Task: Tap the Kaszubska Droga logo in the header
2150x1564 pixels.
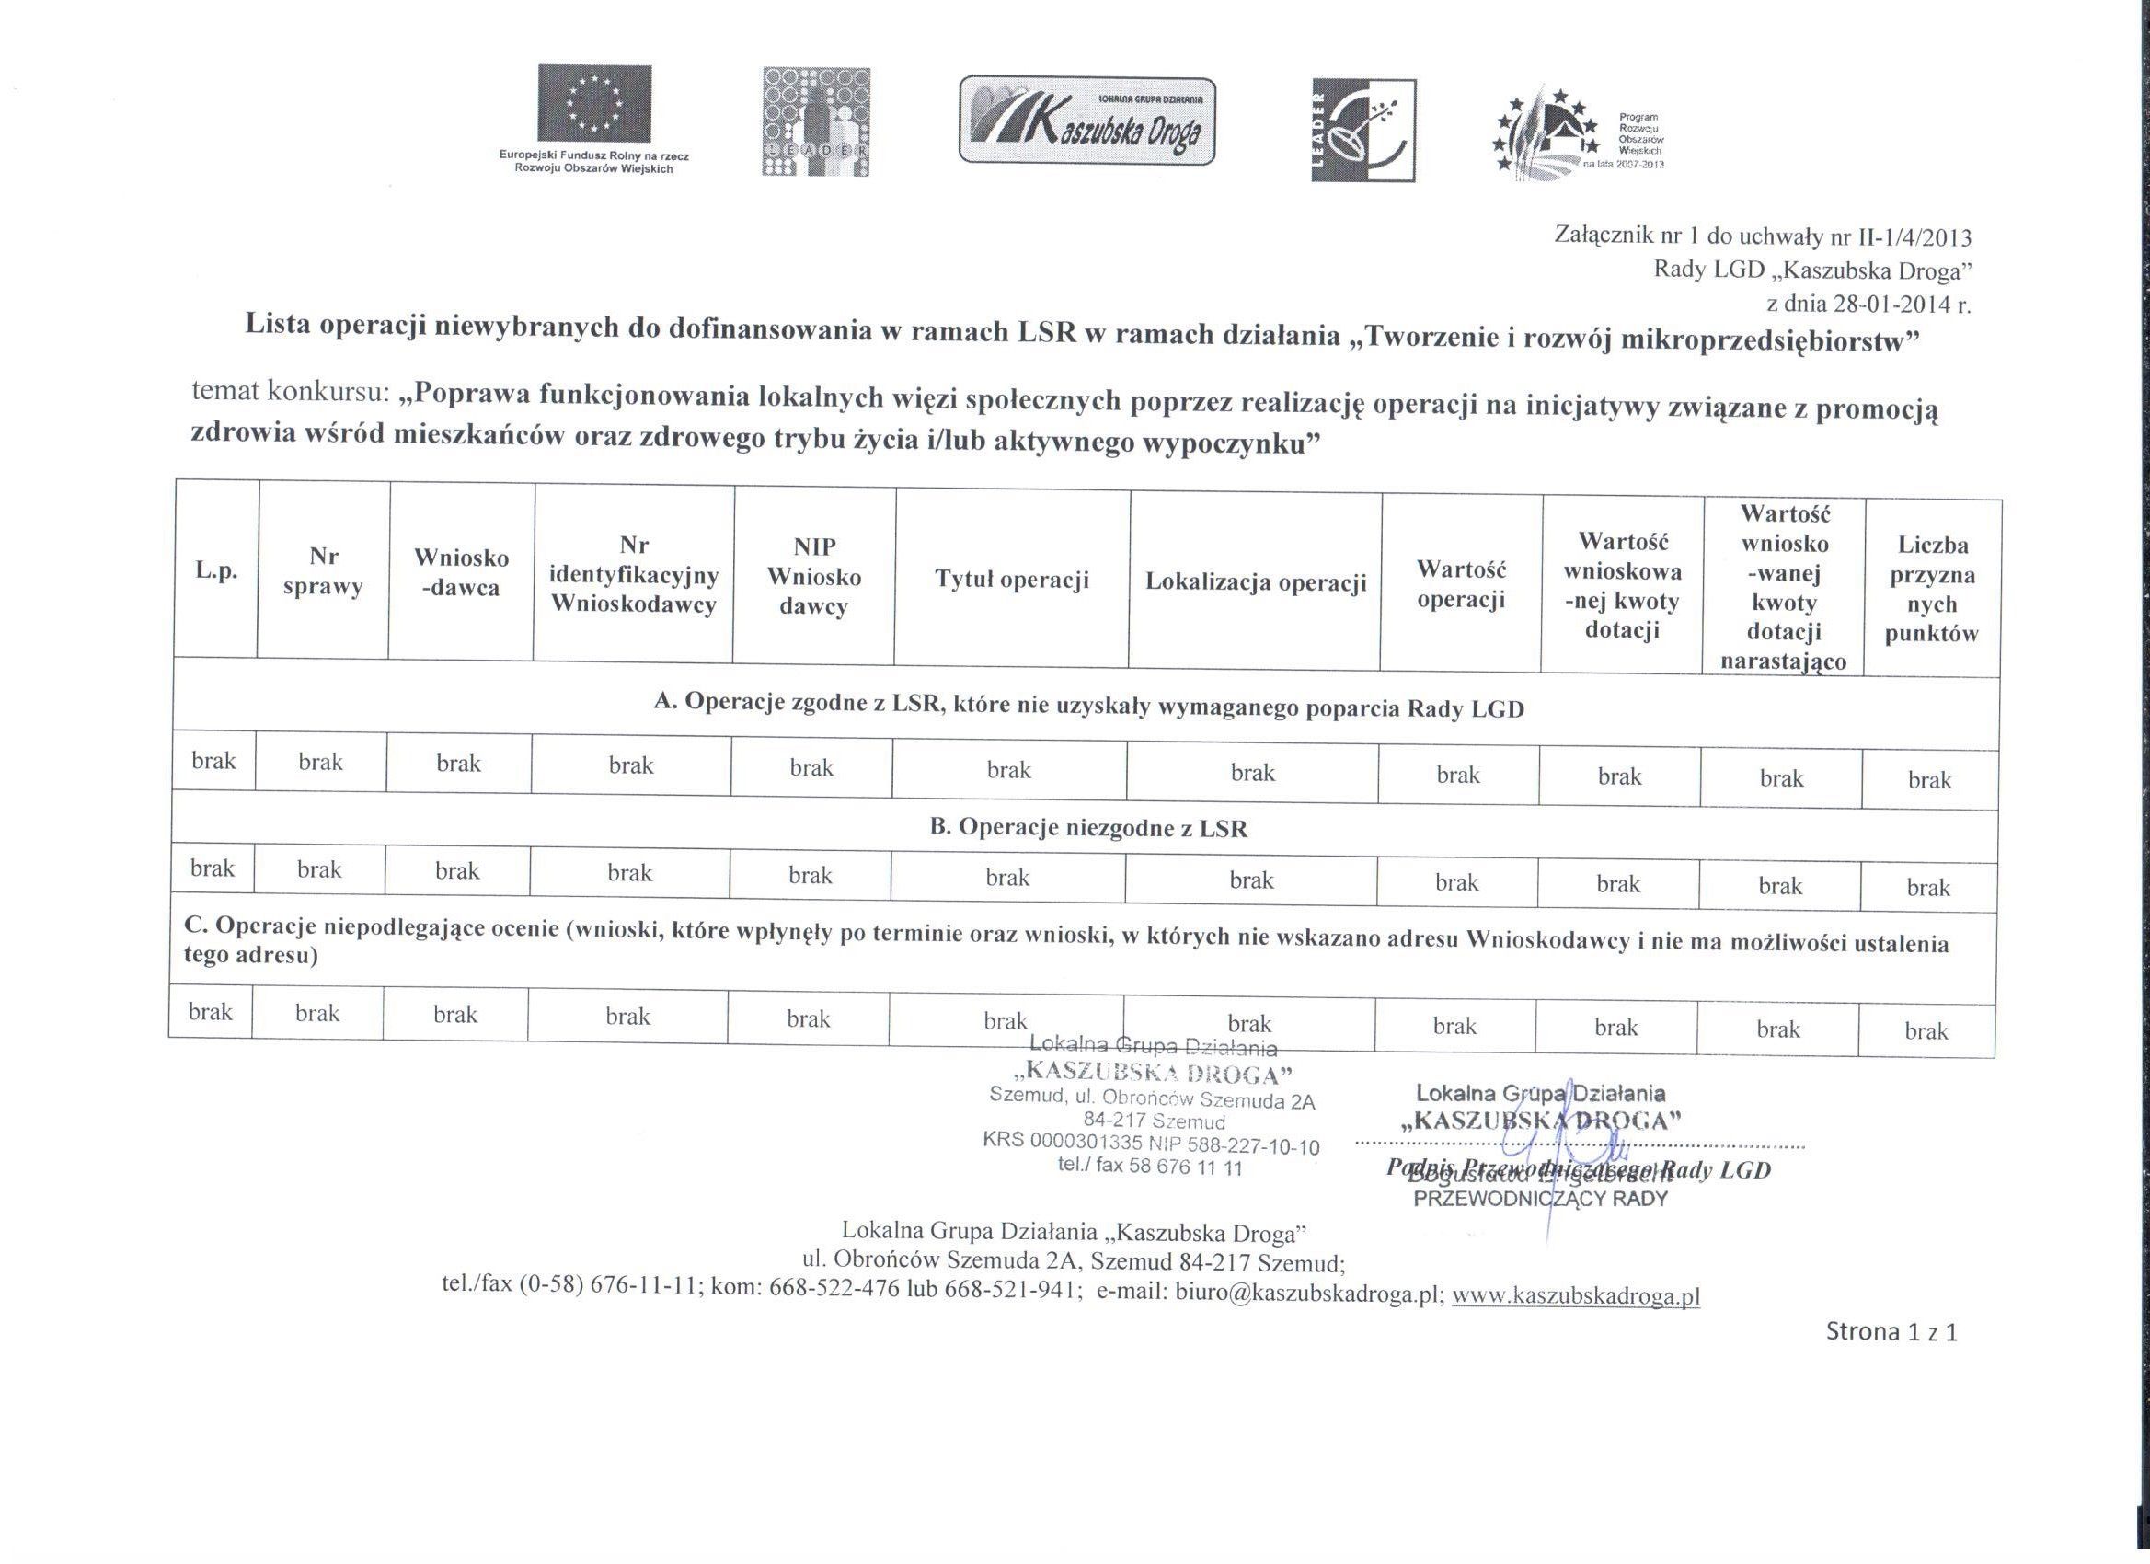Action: (1087, 121)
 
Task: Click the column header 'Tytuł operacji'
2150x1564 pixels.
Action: (1011, 580)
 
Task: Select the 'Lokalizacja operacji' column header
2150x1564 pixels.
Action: (1255, 582)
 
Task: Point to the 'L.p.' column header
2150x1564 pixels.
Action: (216, 569)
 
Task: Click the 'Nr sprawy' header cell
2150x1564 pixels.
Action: (323, 570)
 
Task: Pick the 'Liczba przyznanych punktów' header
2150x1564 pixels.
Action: (1932, 590)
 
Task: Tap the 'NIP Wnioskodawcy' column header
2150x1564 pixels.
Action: (813, 576)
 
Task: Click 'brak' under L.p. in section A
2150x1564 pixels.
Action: (213, 760)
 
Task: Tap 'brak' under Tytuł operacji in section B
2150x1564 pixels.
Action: (1006, 877)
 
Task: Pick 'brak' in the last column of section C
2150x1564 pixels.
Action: (1926, 1031)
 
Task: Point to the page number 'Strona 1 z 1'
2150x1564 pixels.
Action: (1891, 1332)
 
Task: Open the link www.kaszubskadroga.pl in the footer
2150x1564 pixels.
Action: (1576, 1295)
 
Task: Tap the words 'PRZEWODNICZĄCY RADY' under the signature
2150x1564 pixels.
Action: (1540, 1198)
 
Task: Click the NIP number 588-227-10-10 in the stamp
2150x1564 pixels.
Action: (1255, 1147)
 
